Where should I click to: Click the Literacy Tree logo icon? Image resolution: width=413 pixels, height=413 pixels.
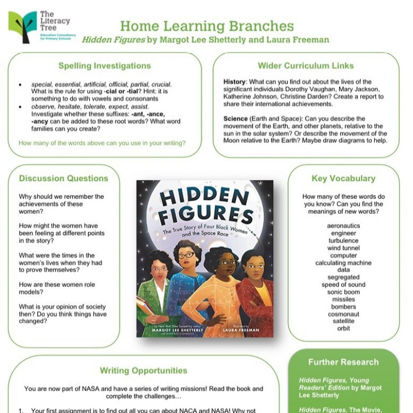point(23,26)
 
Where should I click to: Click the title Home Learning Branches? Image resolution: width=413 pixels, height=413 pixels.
point(206,26)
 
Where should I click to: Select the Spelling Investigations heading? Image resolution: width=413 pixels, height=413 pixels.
point(104,66)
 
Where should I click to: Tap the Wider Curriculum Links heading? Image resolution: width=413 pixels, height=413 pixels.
point(306,66)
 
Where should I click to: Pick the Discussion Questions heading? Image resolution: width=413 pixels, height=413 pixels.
point(63,179)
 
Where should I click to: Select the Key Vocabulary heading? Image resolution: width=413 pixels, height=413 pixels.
point(343,179)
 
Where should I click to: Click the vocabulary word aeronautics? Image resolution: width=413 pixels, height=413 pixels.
point(343,226)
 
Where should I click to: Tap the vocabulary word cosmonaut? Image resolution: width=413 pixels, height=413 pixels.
point(343,314)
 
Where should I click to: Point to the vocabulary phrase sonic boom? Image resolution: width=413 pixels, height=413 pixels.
point(343,292)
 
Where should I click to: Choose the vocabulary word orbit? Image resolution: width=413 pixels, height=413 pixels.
point(343,328)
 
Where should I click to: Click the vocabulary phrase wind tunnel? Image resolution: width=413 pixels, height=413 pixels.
point(343,248)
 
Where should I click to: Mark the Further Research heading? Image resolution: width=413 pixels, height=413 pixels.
point(343,362)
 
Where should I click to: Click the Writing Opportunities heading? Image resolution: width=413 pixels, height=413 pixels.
point(144,371)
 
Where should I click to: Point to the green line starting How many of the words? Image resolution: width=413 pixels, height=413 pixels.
point(102,143)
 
